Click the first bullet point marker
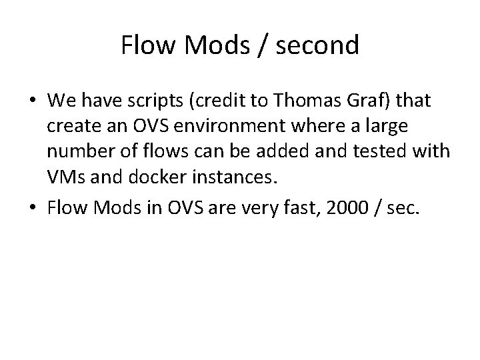tap(33, 102)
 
